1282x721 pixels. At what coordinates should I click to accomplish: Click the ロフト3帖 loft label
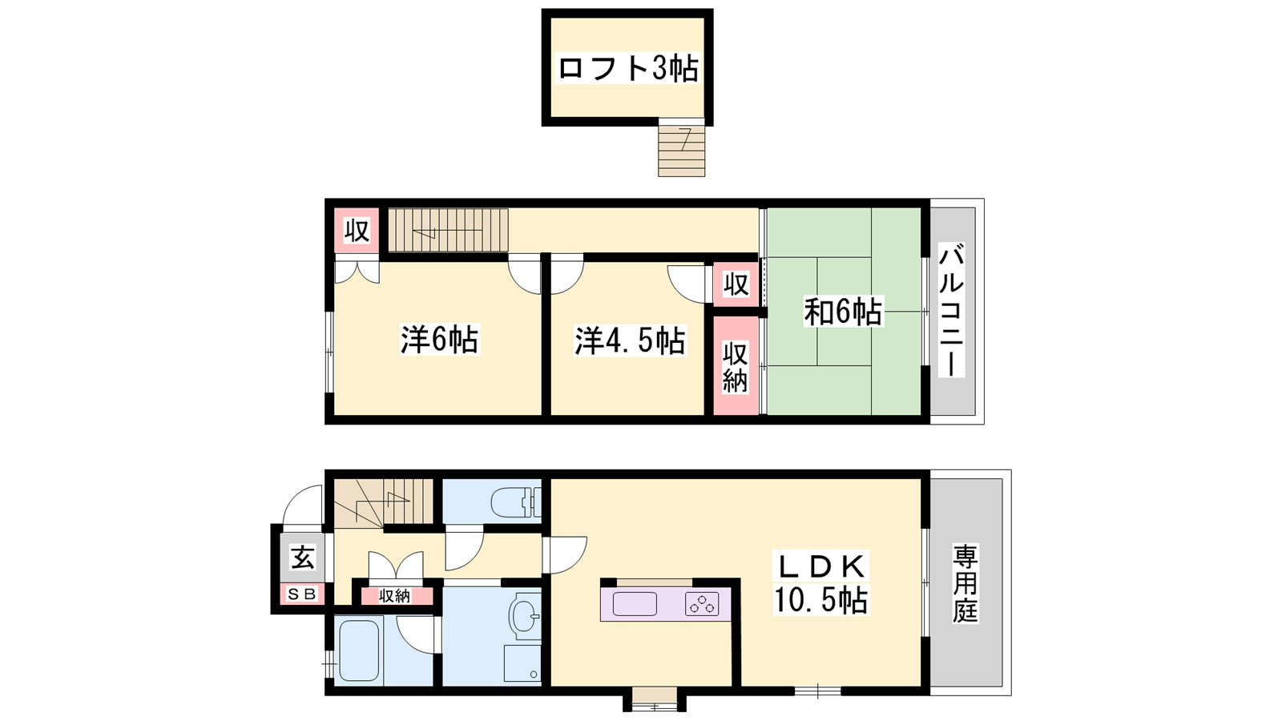628,69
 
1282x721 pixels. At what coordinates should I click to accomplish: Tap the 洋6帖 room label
439,340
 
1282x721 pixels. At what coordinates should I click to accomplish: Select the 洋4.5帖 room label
630,340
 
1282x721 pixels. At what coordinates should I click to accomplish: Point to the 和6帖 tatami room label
843,312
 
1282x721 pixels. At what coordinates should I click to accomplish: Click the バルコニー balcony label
951,309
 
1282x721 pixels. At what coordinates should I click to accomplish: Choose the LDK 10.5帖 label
820,582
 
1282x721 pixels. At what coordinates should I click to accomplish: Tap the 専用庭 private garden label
966,584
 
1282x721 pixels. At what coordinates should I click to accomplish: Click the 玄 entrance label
303,557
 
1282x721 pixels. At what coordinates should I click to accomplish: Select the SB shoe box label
301,594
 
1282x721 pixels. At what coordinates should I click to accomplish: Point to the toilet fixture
515,502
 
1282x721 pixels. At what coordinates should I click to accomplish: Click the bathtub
359,651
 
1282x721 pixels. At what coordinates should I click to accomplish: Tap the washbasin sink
524,616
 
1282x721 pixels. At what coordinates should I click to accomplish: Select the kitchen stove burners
702,604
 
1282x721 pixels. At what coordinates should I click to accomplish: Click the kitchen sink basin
634,604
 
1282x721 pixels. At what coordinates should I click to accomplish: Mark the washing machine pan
522,663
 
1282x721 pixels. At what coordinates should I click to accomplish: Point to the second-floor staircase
448,230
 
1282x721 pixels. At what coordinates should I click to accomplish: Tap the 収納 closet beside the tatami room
736,365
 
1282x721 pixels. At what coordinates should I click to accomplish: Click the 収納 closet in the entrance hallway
395,596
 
